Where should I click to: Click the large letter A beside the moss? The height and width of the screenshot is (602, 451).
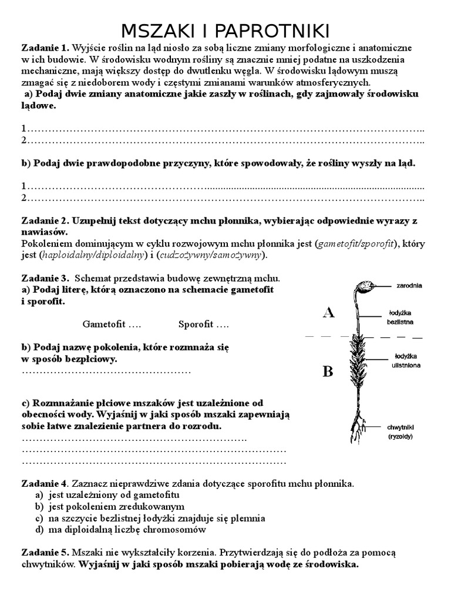pyautogui.click(x=328, y=313)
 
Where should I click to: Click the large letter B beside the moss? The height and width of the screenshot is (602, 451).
pyautogui.click(x=328, y=371)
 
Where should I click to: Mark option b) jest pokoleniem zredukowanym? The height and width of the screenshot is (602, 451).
pyautogui.click(x=116, y=506)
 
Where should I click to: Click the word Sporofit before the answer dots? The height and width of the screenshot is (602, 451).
pyautogui.click(x=196, y=324)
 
